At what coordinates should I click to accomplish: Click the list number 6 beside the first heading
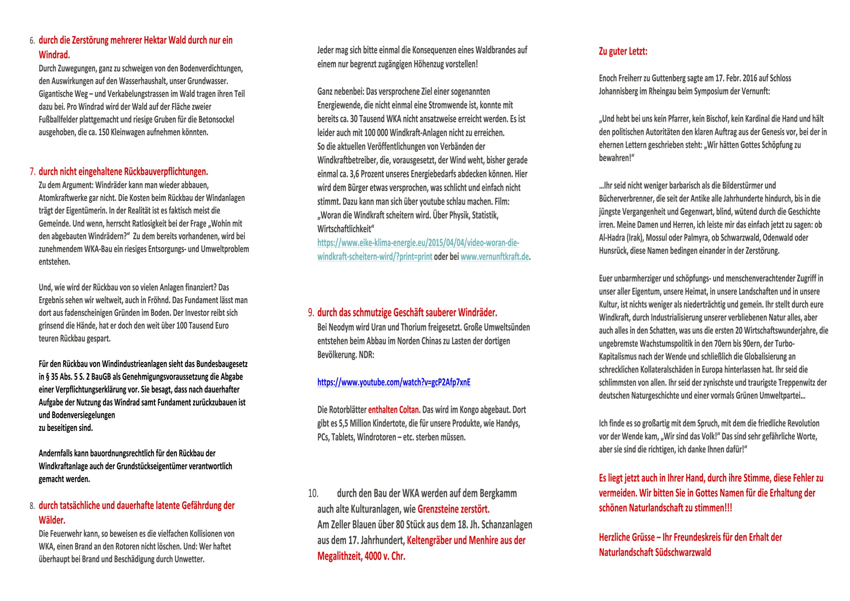point(32,41)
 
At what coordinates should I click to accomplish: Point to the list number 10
point(313,494)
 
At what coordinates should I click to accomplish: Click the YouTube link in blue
point(394,382)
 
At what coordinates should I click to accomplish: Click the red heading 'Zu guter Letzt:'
point(623,52)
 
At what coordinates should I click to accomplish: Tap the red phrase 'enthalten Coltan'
point(394,410)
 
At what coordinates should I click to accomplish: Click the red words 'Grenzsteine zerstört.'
point(453,509)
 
